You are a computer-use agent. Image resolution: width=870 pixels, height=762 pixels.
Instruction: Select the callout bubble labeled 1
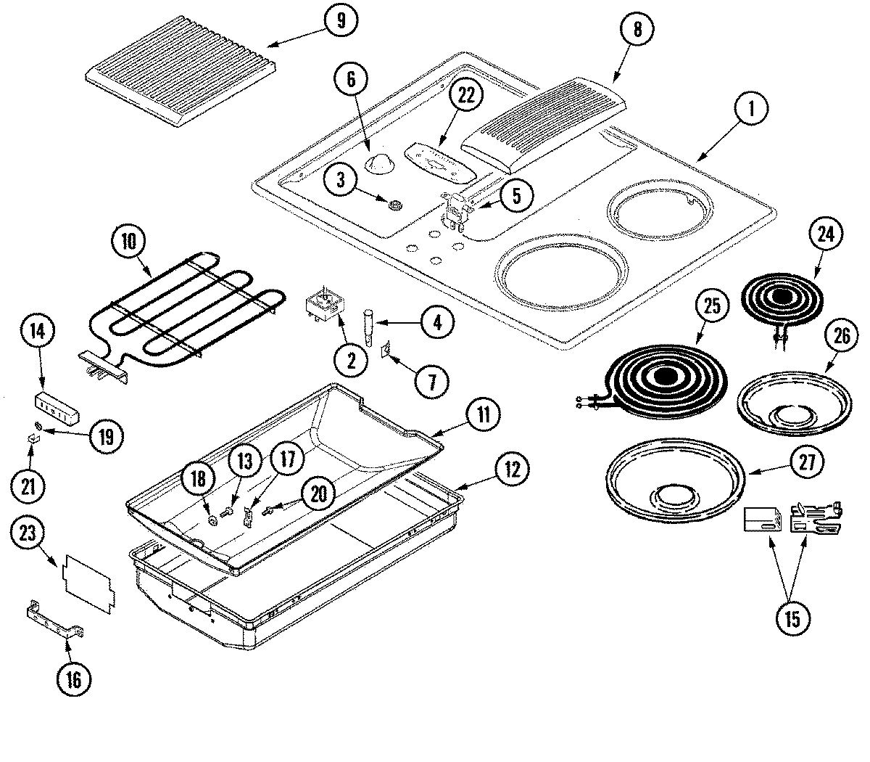pyautogui.click(x=752, y=110)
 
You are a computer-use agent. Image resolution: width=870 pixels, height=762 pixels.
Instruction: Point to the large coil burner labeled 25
pyautogui.click(x=664, y=377)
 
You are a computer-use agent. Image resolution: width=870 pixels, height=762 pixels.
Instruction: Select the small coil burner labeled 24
pyautogui.click(x=779, y=298)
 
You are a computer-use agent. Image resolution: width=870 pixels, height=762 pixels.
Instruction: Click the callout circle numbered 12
pyautogui.click(x=512, y=470)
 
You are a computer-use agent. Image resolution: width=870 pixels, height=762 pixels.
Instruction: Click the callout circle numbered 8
pyautogui.click(x=637, y=30)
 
